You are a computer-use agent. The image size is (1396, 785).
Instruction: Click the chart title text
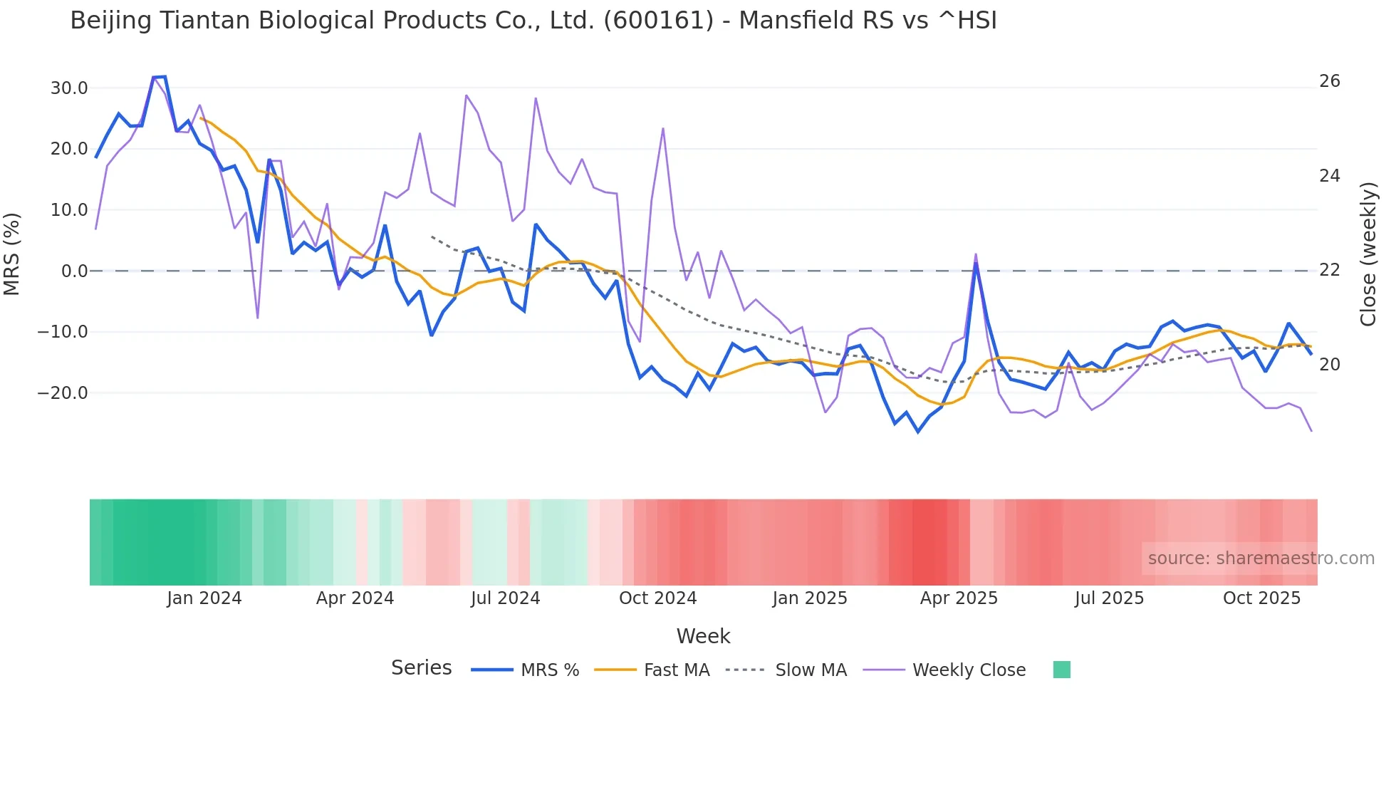533,21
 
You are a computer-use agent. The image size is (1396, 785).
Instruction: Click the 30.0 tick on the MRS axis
69,88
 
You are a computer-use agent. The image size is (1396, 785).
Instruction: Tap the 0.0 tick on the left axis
74,271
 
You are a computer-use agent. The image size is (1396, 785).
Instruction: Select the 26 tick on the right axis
1329,81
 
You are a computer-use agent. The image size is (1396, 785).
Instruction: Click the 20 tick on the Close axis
1329,365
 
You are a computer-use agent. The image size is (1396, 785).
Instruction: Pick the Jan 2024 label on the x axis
204,598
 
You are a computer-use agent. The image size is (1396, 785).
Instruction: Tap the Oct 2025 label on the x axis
1261,598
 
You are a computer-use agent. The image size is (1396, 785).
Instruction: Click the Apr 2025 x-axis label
959,598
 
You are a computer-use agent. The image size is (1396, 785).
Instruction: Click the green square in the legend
1061,670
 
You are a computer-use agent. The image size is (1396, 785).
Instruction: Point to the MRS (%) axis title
12,254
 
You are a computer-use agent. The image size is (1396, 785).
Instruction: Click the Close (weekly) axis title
1368,254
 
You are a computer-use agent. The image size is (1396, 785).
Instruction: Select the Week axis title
703,636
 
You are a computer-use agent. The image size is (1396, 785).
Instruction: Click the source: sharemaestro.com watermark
1261,558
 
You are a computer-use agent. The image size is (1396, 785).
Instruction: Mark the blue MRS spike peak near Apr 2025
976,264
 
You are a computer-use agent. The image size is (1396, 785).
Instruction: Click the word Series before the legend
421,668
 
